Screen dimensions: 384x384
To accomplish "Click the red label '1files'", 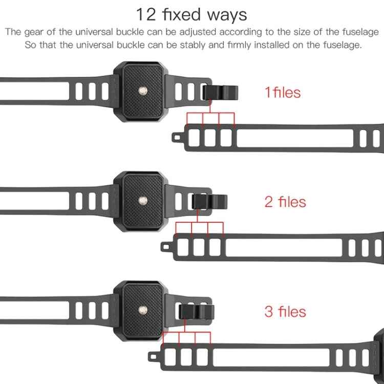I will click(x=282, y=93).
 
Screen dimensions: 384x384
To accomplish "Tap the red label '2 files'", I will click(x=285, y=202).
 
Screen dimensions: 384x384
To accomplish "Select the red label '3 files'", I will click(x=285, y=311).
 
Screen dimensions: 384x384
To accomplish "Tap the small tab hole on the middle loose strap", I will click(x=165, y=246).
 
